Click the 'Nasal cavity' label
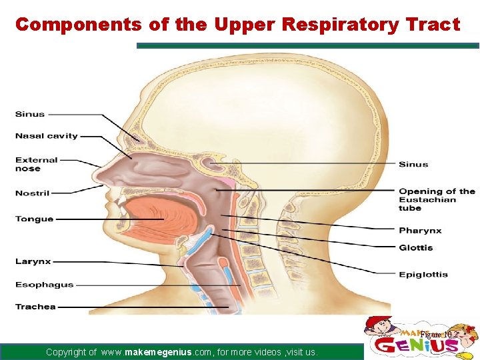47,136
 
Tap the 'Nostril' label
33,193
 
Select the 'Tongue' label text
35,219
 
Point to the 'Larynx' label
33,262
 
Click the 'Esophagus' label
45,285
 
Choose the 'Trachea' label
36,307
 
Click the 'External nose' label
37,164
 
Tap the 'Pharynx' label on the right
420,231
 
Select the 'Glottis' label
416,248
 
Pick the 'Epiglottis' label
423,274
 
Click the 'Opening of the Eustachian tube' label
437,199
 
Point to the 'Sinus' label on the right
413,164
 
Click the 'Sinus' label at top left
30,114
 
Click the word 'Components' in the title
78,25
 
